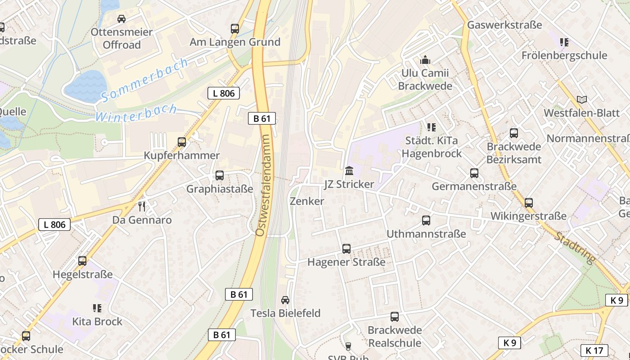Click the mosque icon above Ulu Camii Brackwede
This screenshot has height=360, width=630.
point(425,59)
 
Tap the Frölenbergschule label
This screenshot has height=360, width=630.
point(564,55)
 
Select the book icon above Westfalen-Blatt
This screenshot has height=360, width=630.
point(582,99)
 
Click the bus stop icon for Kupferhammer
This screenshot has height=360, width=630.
point(182,142)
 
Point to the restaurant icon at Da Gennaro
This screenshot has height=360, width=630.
point(142,207)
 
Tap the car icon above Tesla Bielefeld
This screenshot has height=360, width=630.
point(285,300)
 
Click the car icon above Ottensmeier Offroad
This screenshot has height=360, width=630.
point(121,19)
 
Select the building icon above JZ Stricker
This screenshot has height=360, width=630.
point(349,171)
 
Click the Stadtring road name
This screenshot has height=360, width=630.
point(575,248)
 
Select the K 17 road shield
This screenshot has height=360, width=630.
point(594,350)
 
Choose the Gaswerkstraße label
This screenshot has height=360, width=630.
point(504,25)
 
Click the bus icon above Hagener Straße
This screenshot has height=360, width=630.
point(346,248)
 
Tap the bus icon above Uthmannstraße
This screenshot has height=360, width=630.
point(426,220)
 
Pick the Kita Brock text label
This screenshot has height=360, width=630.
point(97,321)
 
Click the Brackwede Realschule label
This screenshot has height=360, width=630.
point(395,336)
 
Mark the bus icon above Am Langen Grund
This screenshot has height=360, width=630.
point(235,29)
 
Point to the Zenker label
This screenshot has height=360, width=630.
point(307,201)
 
